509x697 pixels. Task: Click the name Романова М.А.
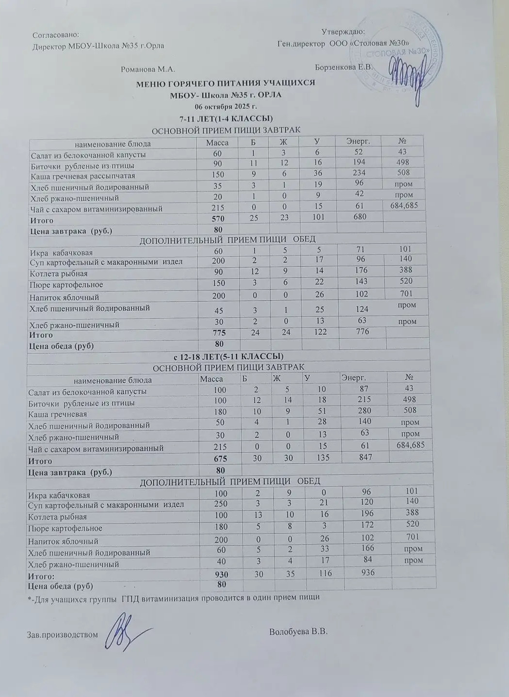[x=148, y=69]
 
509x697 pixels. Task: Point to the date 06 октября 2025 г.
[x=225, y=106]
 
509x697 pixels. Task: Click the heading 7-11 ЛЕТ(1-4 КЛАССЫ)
[x=226, y=118]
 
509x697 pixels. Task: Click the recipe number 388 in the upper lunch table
[x=406, y=270]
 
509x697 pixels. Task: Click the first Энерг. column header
[x=358, y=141]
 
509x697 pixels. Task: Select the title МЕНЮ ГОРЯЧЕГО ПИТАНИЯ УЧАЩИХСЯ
[x=225, y=83]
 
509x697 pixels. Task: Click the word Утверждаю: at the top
[x=343, y=32]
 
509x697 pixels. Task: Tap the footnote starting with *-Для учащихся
[x=174, y=597]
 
